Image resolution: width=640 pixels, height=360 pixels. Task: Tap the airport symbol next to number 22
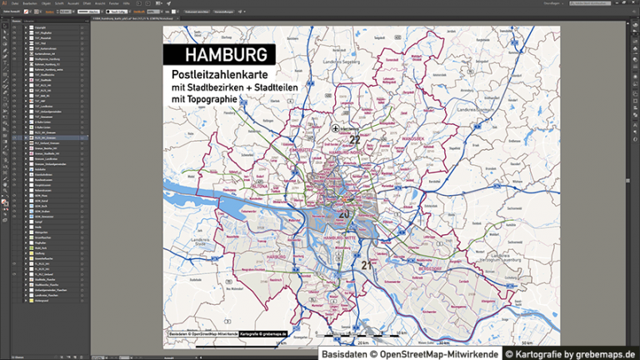pyautogui.click(x=335, y=129)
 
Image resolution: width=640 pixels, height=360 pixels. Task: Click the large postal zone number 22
pyautogui.click(x=355, y=140)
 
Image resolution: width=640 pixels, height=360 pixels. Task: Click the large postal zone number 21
pyautogui.click(x=367, y=265)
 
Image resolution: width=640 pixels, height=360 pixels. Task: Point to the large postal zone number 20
pyautogui.click(x=343, y=213)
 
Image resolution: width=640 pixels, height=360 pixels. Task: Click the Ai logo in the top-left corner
pyautogui.click(x=5, y=3)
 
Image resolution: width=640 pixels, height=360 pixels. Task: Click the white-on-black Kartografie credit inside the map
pyautogui.click(x=263, y=333)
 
